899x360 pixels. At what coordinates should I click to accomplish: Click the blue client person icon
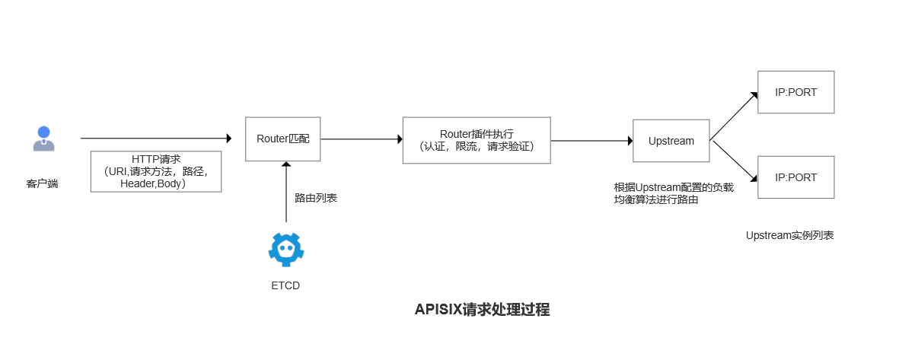click(x=43, y=139)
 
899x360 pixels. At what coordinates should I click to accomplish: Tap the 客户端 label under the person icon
click(x=43, y=183)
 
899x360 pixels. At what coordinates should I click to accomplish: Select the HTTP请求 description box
click(x=156, y=171)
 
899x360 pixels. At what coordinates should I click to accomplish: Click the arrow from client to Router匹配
click(x=155, y=139)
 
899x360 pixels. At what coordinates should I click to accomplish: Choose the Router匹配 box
click(x=282, y=139)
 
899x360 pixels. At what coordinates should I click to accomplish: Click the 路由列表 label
click(x=316, y=198)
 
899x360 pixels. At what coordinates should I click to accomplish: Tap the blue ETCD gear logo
click(x=286, y=249)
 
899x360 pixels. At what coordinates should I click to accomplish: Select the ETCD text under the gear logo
click(x=285, y=286)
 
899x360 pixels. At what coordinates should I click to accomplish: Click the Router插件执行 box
click(x=477, y=140)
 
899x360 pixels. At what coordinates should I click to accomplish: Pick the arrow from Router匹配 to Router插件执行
click(x=362, y=139)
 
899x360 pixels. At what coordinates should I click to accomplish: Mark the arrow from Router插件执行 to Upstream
click(x=591, y=141)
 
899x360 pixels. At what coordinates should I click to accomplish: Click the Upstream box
click(x=671, y=141)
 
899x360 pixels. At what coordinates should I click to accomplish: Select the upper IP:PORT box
click(x=795, y=92)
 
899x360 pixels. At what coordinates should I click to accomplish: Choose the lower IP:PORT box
click(x=795, y=177)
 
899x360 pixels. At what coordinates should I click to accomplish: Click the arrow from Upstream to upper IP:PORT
click(x=734, y=116)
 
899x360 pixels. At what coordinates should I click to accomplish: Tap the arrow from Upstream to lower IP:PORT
click(x=734, y=161)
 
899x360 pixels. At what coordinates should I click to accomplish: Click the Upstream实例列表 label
click(x=789, y=235)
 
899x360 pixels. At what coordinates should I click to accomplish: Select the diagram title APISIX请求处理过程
click(x=482, y=310)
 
